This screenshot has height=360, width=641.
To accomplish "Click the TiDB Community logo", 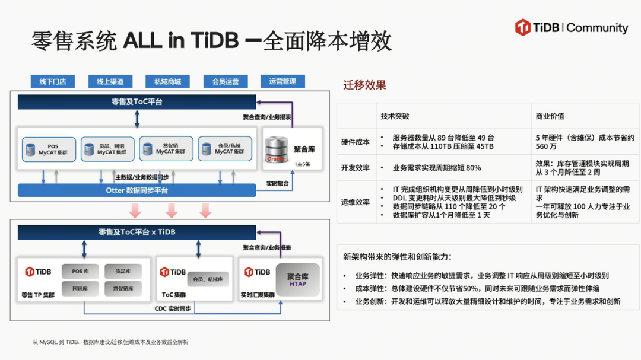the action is [572, 28].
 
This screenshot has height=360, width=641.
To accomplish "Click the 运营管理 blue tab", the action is [283, 81].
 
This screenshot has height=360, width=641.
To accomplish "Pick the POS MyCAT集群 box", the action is [49, 149].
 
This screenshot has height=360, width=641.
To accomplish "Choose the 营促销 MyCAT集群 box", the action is [166, 149].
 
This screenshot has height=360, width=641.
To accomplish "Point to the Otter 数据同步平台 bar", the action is [137, 190].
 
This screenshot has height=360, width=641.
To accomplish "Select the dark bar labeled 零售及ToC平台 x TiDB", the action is [137, 232].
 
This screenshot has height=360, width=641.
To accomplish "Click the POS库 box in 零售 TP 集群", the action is [81, 271].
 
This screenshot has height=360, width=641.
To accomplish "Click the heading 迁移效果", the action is [364, 85].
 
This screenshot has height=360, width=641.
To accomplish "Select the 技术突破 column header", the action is [395, 116].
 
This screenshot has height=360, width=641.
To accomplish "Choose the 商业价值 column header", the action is [550, 116].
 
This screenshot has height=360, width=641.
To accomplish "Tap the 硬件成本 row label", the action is [356, 142].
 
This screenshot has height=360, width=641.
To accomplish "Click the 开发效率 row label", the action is [356, 168].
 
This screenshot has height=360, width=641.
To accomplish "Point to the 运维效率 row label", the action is [356, 202].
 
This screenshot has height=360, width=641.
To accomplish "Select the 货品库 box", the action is [123, 271].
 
